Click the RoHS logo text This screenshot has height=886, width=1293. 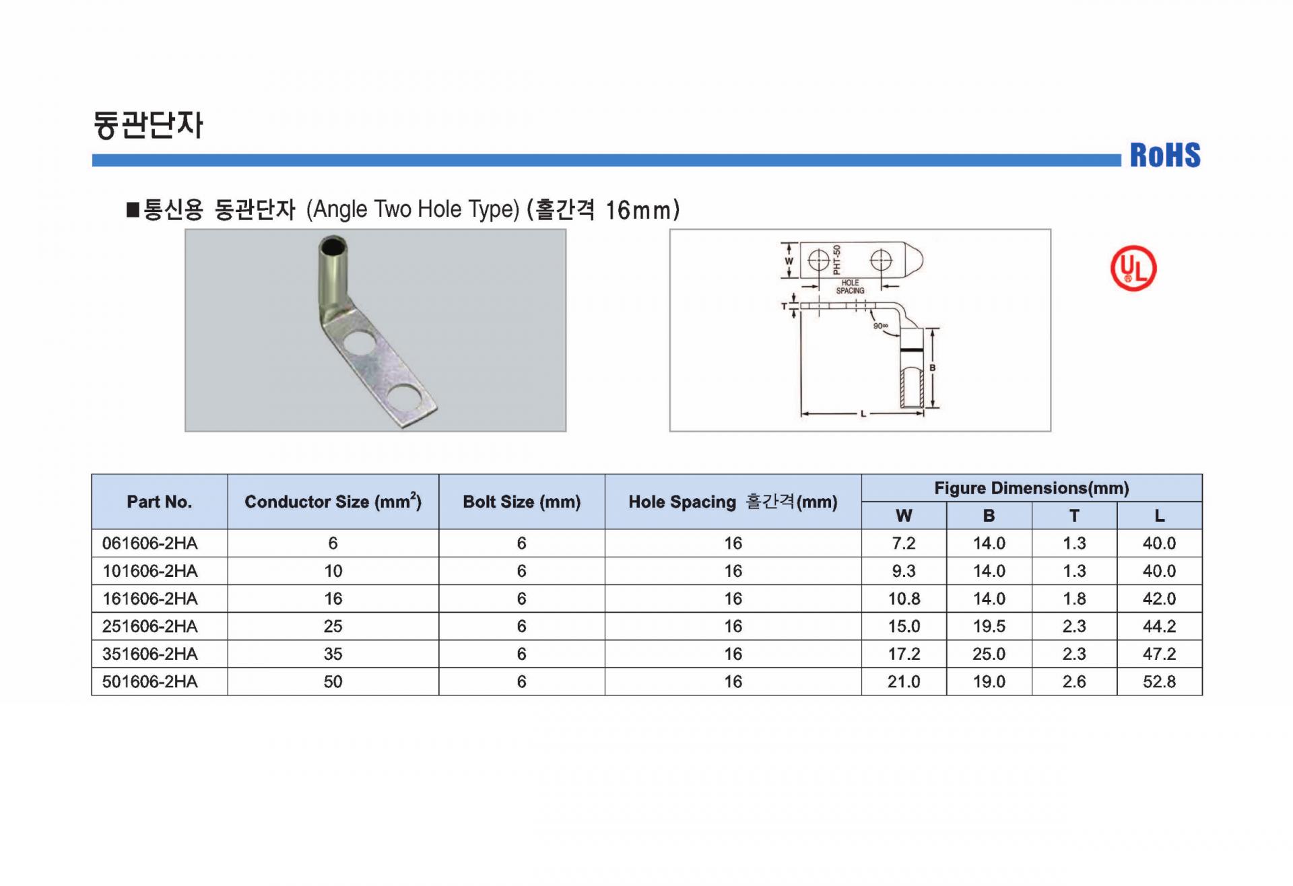(x=1165, y=155)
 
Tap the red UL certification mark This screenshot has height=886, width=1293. (x=1133, y=268)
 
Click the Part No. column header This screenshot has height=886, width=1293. (x=160, y=502)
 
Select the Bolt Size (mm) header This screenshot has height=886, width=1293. (x=521, y=502)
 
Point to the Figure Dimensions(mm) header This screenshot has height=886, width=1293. (x=1031, y=488)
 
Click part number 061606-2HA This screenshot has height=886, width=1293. (x=150, y=543)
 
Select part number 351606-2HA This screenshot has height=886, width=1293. (x=150, y=654)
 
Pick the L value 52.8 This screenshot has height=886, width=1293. (x=1159, y=681)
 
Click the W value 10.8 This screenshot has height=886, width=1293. (x=904, y=599)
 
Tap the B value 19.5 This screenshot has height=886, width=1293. (x=989, y=626)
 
